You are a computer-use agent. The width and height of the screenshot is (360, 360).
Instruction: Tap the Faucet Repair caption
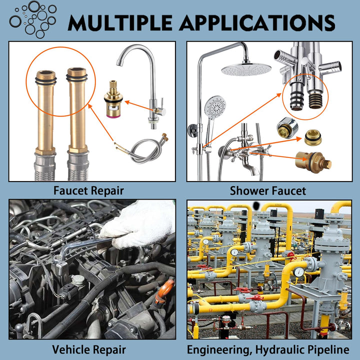tap(89, 190)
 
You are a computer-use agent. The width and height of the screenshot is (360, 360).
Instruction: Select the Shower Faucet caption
tap(268, 190)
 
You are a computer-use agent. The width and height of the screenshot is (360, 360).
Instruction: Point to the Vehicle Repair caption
tap(89, 349)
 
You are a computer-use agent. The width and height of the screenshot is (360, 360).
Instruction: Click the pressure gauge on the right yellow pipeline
tap(299, 272)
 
